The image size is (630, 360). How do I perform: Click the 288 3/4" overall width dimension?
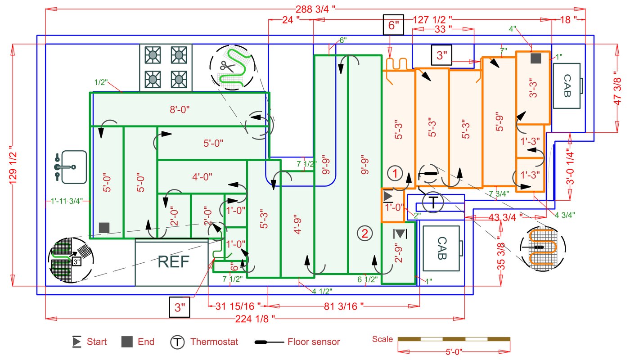(315, 9)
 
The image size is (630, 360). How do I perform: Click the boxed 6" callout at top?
(394, 25)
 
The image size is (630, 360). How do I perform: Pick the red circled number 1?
(394, 173)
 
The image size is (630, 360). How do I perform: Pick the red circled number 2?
(364, 233)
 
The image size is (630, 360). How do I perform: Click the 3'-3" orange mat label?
(533, 88)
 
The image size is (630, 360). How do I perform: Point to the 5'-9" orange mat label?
(499, 121)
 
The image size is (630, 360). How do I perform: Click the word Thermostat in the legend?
(214, 342)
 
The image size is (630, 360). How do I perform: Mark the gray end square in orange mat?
(535, 58)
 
